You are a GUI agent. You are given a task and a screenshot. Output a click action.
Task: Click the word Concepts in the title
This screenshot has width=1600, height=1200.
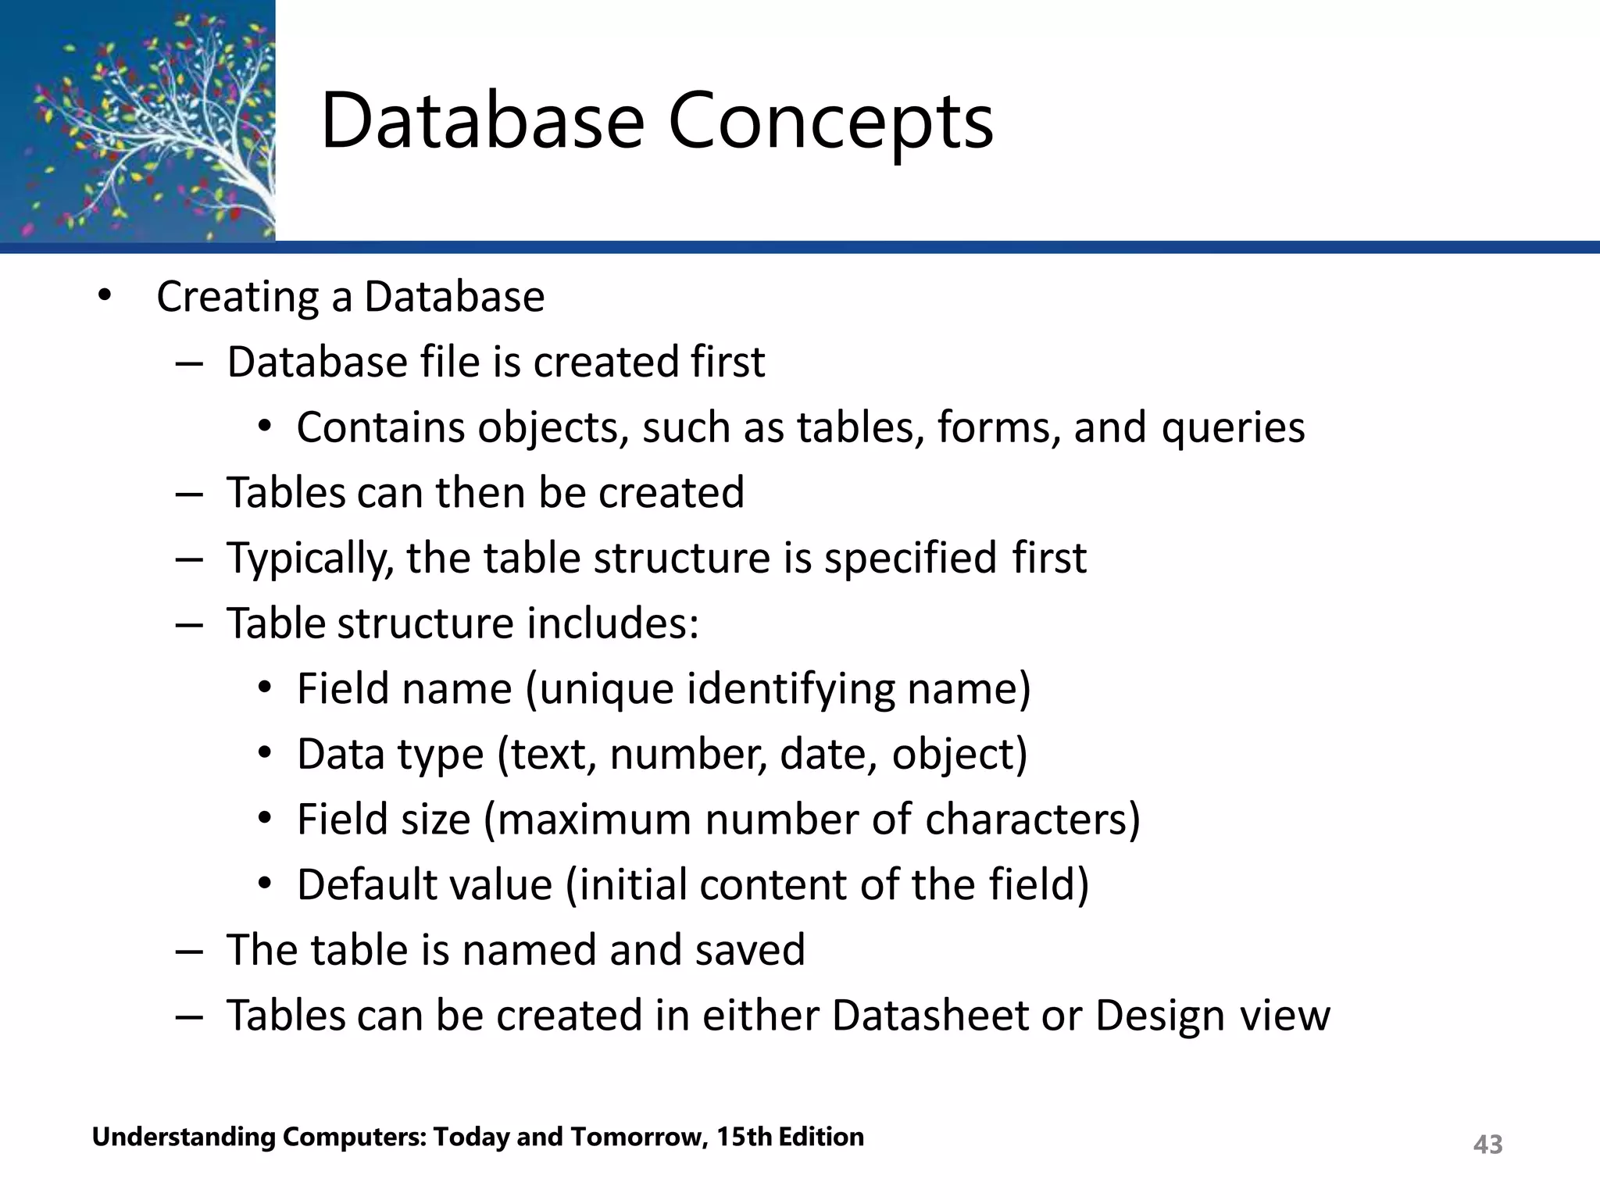click(x=830, y=121)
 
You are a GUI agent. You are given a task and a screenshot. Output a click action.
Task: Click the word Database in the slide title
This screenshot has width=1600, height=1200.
click(x=483, y=121)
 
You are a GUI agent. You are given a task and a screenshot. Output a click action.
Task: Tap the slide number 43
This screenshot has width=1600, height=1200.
click(x=1487, y=1144)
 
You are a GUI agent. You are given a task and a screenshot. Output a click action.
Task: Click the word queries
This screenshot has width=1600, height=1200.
click(x=1233, y=428)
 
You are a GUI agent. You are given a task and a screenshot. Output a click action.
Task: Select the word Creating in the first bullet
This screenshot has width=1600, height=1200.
click(x=237, y=298)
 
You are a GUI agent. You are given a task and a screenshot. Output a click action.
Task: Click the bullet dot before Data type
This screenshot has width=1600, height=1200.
click(x=265, y=753)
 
